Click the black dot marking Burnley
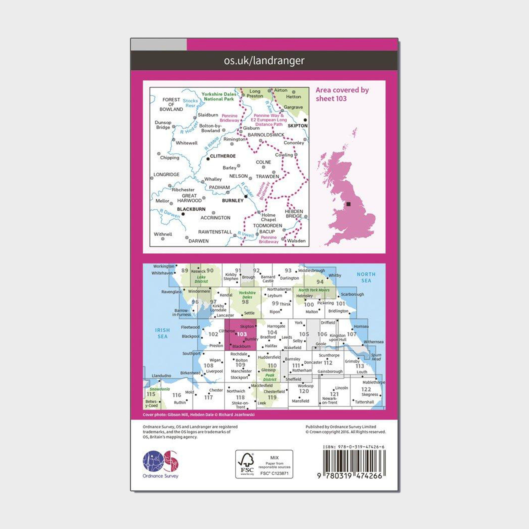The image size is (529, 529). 246,196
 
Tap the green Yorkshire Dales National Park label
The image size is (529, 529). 218,96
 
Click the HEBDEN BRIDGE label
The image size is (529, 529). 294,214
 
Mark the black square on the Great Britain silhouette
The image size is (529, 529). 348,204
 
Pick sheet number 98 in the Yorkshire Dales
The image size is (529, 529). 245,302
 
